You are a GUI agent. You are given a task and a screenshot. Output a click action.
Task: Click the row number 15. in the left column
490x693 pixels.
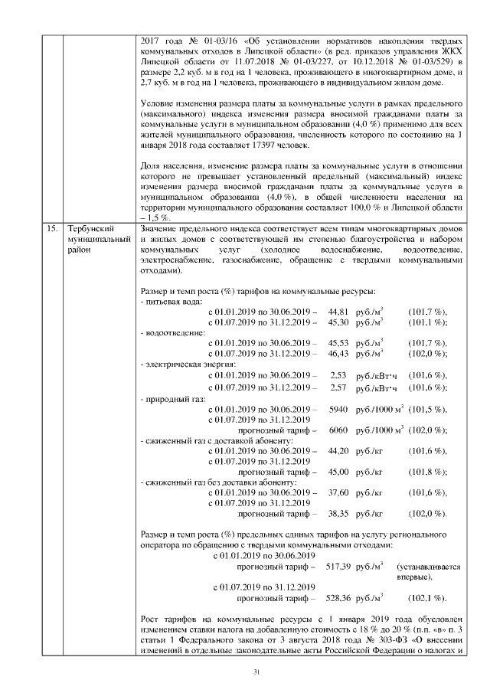[x=51, y=229]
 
